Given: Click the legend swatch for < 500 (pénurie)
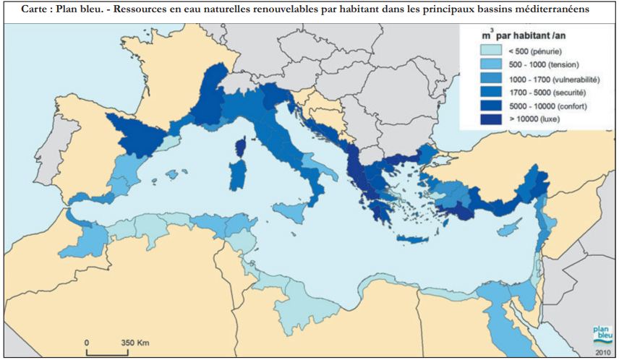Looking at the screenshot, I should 492,51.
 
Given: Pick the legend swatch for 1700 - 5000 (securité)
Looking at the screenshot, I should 492,93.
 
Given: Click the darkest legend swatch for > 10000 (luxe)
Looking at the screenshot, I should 492,119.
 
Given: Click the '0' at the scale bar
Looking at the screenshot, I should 87,341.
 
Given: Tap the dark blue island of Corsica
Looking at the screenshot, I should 240,147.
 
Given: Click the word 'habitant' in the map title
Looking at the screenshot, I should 353,9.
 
